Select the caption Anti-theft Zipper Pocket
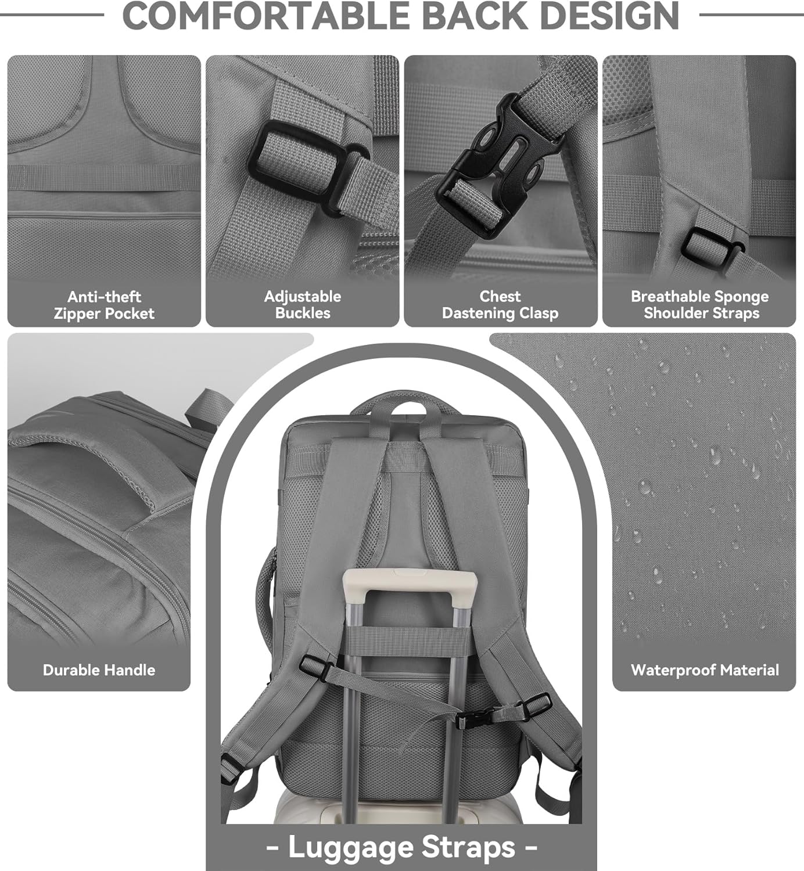tap(104, 305)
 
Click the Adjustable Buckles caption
tap(302, 305)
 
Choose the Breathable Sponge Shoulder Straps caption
tap(700, 305)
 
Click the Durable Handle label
tap(99, 670)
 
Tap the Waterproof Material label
tap(705, 670)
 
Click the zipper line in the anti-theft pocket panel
tap(104, 215)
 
